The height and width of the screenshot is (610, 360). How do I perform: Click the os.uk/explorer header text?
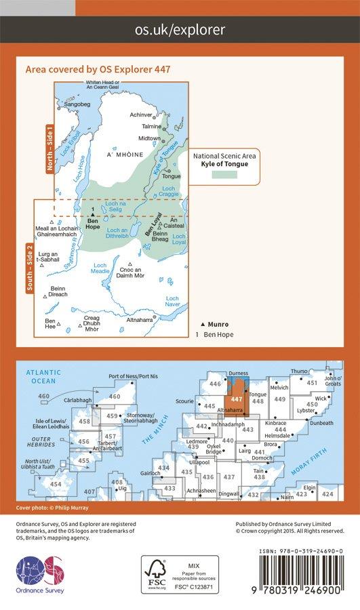(x=180, y=29)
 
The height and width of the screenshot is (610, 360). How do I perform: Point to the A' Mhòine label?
(x=122, y=155)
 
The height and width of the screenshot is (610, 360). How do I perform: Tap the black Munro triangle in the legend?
(x=203, y=325)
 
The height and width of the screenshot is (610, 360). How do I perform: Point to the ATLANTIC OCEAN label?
(x=40, y=376)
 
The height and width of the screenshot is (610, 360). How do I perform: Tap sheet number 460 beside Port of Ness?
(x=115, y=396)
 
